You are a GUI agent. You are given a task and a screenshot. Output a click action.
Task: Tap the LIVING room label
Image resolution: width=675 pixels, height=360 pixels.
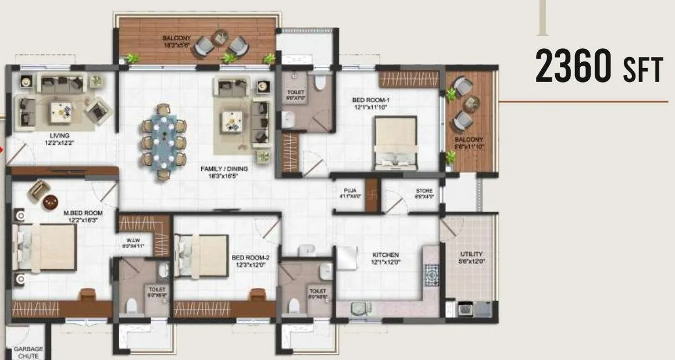59,138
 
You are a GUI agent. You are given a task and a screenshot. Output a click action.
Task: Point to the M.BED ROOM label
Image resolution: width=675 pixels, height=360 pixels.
83,216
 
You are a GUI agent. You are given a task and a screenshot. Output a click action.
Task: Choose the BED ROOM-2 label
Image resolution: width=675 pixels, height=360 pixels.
251,261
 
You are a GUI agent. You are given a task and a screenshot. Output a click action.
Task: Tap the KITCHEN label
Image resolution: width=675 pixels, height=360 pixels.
386,258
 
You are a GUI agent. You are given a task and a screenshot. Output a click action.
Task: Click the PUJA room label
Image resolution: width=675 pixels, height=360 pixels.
349,193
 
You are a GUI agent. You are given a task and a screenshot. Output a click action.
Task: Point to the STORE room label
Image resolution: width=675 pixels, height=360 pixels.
423,193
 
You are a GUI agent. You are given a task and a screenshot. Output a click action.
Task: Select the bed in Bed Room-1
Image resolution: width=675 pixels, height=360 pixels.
395,142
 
